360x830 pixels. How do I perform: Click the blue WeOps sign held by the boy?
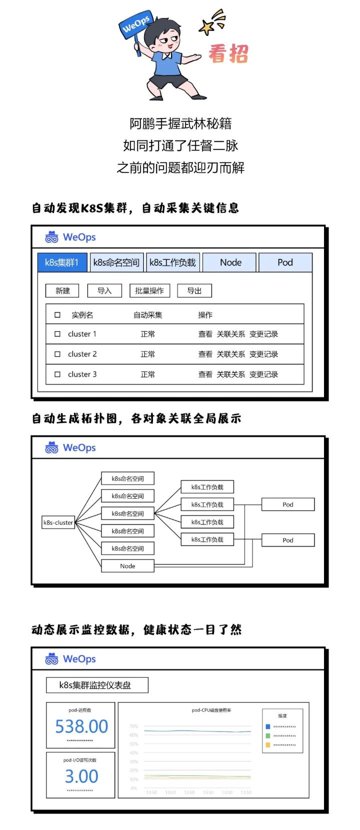click(135, 24)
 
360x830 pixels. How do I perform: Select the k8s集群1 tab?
click(62, 262)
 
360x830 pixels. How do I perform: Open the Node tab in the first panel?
click(230, 262)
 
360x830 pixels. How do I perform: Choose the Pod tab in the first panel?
click(285, 262)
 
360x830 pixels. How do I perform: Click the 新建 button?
click(62, 291)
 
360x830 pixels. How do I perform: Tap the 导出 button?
click(194, 291)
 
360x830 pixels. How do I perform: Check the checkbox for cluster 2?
click(57, 354)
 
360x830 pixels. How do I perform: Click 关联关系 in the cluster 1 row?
click(230, 334)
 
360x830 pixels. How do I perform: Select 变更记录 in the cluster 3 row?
click(263, 374)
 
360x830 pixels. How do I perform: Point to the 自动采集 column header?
click(147, 315)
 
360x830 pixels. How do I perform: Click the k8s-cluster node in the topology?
click(58, 523)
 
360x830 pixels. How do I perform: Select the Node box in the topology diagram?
click(127, 566)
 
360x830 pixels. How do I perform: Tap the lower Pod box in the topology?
click(288, 540)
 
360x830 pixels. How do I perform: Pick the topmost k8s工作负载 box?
click(207, 487)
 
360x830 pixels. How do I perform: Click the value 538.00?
click(81, 727)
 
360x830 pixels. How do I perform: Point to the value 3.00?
click(81, 777)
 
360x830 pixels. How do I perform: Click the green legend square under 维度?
click(268, 736)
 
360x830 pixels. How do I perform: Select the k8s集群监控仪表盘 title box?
click(97, 685)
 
